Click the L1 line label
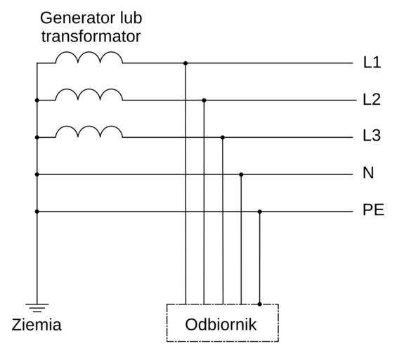point(372,63)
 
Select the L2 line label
point(372,99)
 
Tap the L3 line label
point(372,136)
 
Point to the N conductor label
point(368,173)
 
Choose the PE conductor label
point(373,210)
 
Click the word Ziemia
point(37,325)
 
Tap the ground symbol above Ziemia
point(37,307)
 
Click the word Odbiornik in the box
point(221,324)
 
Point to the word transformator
point(91,37)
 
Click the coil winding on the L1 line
point(89,58)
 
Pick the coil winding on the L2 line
point(89,94)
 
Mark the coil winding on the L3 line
point(89,131)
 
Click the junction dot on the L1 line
point(186,63)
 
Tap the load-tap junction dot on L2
point(204,101)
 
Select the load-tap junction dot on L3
point(223,137)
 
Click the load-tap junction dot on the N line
point(241,174)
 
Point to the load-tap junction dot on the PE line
point(259,212)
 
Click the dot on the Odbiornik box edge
point(259,304)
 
